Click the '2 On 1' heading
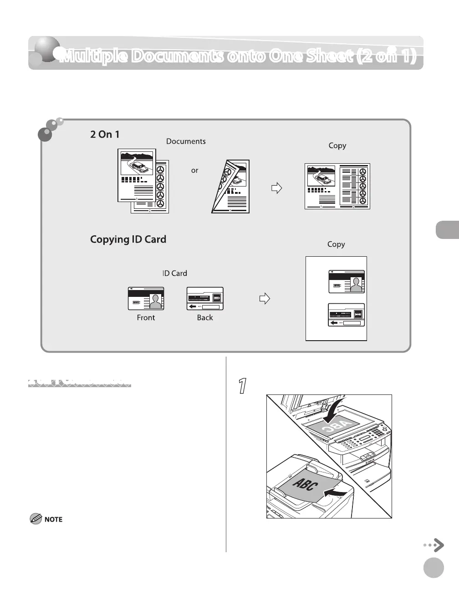(105, 135)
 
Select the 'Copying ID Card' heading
(128, 239)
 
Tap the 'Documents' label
(186, 141)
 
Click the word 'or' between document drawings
(194, 171)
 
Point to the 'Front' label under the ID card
(146, 318)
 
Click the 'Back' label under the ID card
(205, 318)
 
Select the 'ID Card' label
(175, 273)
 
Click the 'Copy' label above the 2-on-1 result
(337, 145)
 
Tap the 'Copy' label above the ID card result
(336, 244)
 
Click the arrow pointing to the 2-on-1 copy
(276, 188)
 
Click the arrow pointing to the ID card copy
(265, 299)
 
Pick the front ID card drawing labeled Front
(146, 299)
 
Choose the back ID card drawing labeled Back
(205, 299)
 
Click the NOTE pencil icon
(35, 518)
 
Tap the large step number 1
(243, 386)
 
